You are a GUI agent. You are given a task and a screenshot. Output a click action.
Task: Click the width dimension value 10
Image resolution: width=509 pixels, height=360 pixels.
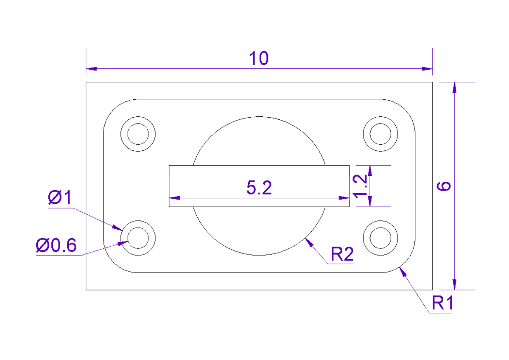[258, 59]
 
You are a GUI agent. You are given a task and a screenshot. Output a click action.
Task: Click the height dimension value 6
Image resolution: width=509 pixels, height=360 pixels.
[445, 186]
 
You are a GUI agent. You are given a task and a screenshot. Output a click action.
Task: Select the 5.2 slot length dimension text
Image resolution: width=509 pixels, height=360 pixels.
[259, 188]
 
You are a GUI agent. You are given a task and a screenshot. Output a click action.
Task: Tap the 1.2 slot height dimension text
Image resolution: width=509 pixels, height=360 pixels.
[360, 186]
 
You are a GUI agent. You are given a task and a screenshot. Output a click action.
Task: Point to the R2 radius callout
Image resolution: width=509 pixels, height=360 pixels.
[342, 255]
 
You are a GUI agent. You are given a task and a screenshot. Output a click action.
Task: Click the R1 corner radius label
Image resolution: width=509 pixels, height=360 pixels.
[442, 304]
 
